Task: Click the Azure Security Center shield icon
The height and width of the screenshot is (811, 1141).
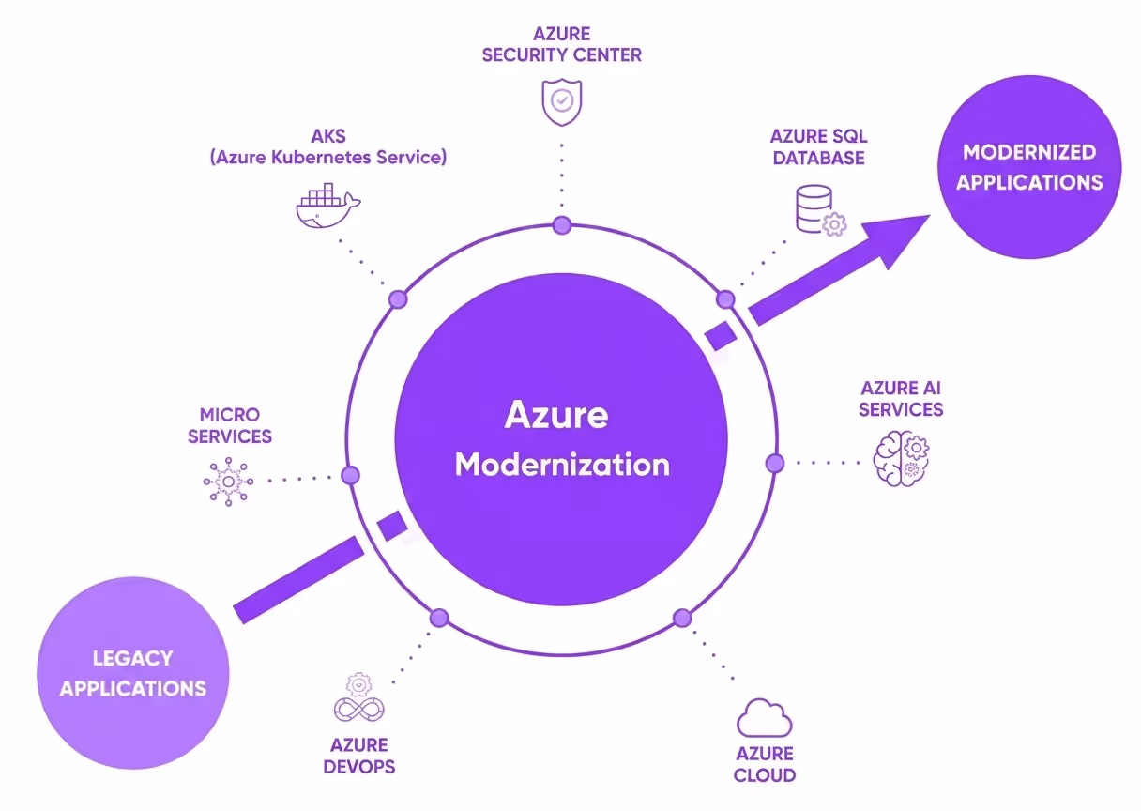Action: point(561,101)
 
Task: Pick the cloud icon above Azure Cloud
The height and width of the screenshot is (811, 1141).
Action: point(764,719)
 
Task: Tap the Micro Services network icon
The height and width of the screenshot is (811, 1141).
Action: point(228,482)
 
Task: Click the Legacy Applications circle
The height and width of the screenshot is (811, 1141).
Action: point(133,673)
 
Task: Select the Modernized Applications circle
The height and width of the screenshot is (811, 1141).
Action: point(1029,167)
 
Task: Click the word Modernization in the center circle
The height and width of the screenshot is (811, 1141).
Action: point(562,464)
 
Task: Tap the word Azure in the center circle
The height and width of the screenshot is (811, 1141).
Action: point(556,414)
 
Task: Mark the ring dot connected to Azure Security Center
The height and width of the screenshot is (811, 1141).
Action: point(561,224)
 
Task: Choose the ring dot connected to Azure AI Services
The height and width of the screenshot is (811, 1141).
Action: point(775,463)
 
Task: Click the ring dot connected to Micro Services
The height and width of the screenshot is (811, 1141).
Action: point(350,475)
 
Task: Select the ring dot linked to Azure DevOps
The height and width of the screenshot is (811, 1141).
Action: point(439,617)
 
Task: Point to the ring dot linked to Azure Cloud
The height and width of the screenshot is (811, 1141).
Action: point(682,618)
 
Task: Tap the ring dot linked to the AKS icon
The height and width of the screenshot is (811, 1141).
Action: point(398,299)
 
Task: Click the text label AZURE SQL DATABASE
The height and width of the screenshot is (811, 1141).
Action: point(818,147)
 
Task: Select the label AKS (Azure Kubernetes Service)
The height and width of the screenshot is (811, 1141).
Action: point(327,147)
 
